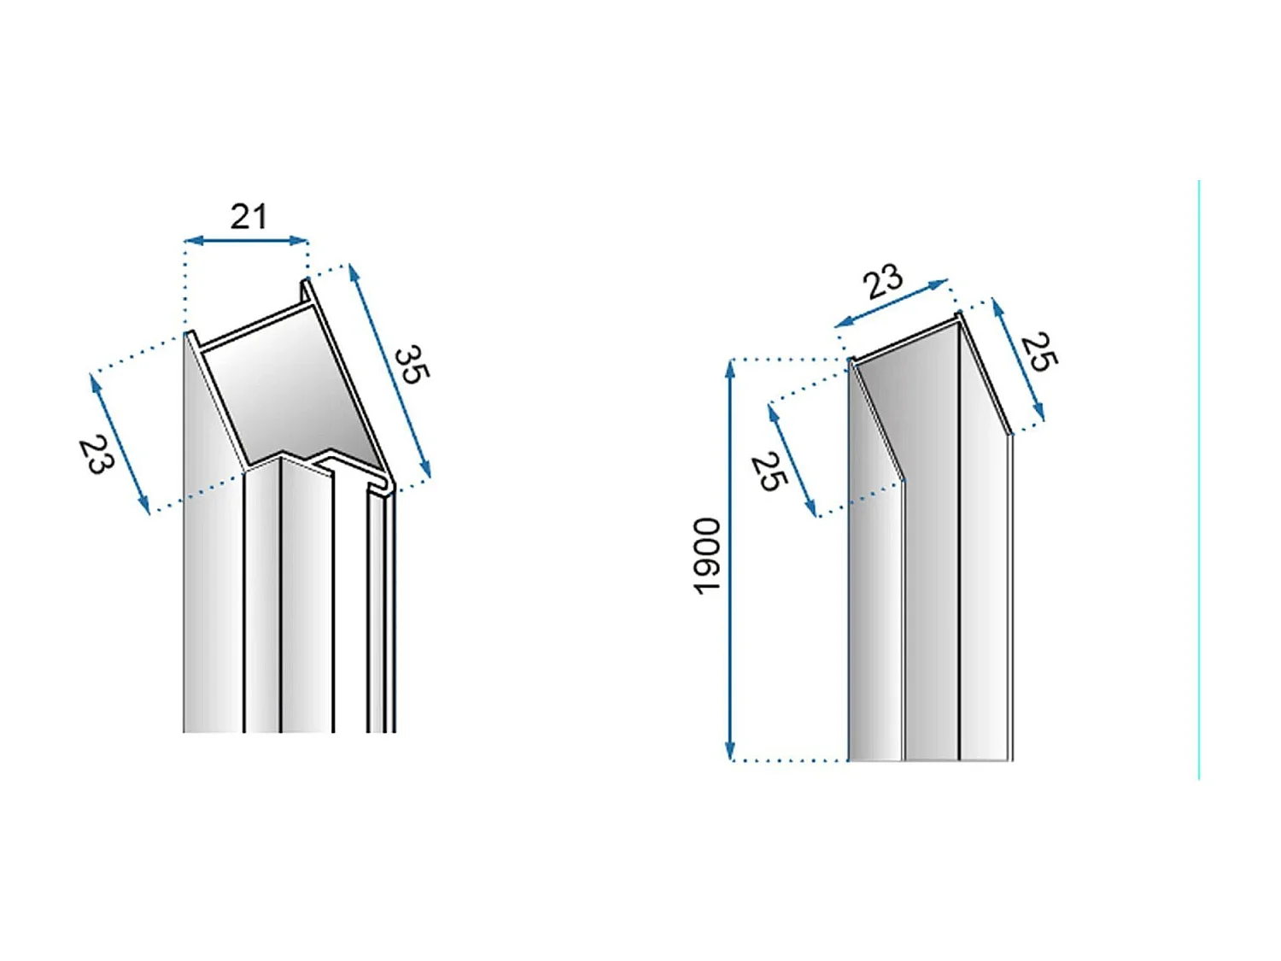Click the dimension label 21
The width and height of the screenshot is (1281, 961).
249,217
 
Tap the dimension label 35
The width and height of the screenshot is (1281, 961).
412,366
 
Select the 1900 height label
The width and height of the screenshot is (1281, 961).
707,557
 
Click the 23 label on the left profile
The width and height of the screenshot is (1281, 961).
97,455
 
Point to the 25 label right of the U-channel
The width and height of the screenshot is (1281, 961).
1039,352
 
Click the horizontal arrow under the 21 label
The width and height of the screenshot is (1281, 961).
246,240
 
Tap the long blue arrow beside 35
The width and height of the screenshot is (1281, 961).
389,371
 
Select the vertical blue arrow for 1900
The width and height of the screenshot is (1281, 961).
730,560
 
